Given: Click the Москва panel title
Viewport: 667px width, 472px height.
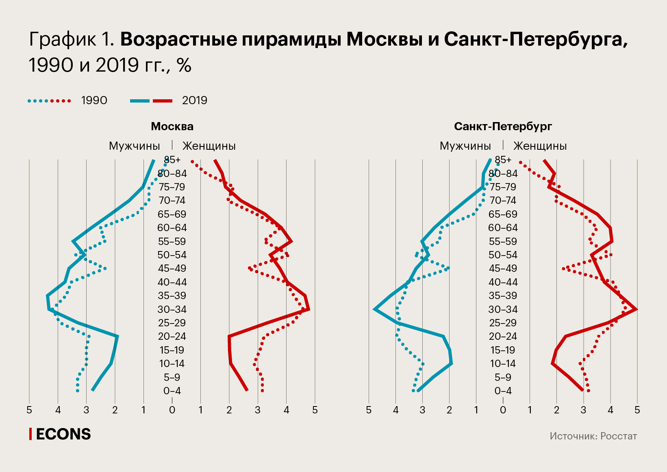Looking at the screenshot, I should (172, 127).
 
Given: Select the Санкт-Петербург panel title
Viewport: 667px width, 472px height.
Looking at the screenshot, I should (503, 127).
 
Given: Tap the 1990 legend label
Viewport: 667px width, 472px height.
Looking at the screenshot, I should (94, 101).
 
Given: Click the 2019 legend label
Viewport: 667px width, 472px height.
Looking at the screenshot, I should (195, 101).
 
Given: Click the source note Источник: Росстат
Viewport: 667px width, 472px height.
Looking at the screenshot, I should (593, 436).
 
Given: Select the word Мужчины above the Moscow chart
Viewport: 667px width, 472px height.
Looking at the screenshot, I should (134, 146).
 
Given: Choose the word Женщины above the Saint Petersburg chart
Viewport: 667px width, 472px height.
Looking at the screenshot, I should (540, 146).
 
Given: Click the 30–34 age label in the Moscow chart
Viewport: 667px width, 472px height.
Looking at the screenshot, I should (172, 310).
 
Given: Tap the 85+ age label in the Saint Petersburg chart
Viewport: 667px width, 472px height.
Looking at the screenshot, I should (503, 160).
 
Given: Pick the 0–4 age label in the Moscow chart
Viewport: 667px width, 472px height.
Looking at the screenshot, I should (172, 391).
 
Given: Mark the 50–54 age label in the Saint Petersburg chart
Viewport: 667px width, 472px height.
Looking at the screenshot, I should (503, 255).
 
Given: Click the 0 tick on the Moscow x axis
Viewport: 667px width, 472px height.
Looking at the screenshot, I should (172, 410).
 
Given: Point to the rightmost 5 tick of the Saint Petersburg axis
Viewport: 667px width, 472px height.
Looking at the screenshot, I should (637, 410).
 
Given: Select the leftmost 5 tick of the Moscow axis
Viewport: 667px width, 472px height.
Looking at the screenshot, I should (29, 410).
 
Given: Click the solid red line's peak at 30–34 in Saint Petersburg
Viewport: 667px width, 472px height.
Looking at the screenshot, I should (636, 309).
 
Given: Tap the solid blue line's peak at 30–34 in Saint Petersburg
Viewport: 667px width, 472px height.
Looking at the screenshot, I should (375, 309).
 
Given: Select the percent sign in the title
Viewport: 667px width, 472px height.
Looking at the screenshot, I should (184, 66).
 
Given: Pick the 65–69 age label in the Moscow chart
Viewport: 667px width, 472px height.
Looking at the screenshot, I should (172, 214).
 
